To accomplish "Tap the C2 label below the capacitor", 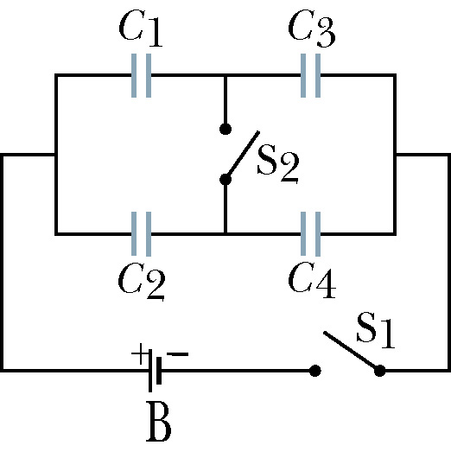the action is click(x=142, y=281).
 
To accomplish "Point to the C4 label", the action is click(x=312, y=280).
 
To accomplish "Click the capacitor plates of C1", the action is click(x=142, y=75).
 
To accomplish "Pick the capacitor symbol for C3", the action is click(x=310, y=75).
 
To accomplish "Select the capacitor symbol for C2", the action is click(x=142, y=234).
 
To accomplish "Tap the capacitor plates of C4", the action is click(x=310, y=234).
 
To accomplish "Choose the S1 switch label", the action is click(x=376, y=330).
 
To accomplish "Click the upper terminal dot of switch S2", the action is click(x=225, y=129).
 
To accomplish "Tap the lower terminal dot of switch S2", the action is click(x=225, y=180).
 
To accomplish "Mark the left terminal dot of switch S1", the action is click(x=314, y=371).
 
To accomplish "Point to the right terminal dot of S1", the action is click(x=379, y=371).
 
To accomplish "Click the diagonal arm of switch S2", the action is click(x=243, y=155).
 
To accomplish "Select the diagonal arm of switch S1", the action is click(x=352, y=351).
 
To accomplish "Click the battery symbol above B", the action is click(x=155, y=371).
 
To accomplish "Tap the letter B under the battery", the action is click(x=158, y=421).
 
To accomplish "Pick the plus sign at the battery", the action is click(x=139, y=353).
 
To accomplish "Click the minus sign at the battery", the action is click(x=178, y=354).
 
